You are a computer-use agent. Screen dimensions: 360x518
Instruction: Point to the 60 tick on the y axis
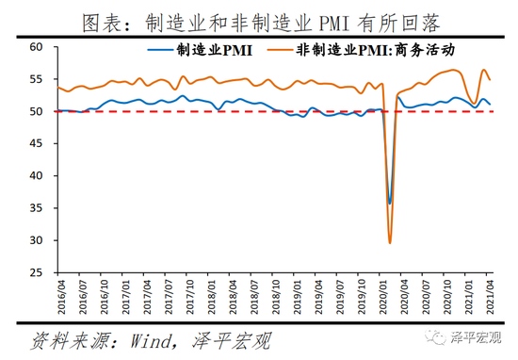click(37, 47)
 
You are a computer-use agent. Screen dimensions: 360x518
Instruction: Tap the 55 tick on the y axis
click(37, 79)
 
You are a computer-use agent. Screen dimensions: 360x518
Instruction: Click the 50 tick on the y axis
click(37, 111)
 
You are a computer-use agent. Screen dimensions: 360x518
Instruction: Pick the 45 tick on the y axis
click(37, 143)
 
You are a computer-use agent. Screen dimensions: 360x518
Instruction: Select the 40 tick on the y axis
click(37, 176)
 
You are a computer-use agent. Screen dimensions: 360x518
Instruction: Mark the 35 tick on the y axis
click(37, 208)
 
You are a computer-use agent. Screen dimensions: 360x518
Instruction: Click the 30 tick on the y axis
click(37, 240)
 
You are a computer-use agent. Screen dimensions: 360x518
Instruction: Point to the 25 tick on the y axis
click(37, 273)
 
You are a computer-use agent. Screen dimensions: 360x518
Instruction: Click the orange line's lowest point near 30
click(390, 243)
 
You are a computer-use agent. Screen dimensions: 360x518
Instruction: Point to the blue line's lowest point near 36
click(390, 203)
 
